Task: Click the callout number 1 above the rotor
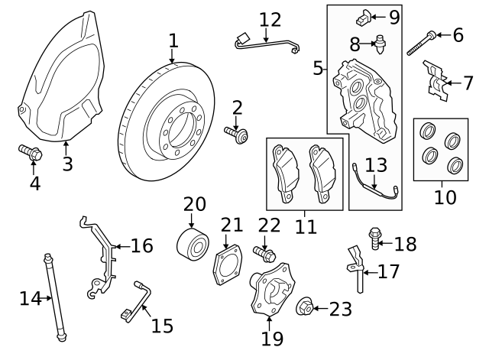[x=173, y=39]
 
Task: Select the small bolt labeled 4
[x=30, y=153]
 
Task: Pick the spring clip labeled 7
[x=436, y=82]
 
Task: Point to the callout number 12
[x=270, y=19]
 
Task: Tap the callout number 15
[x=161, y=326]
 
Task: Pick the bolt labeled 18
[x=375, y=239]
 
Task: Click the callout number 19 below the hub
[x=272, y=337]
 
